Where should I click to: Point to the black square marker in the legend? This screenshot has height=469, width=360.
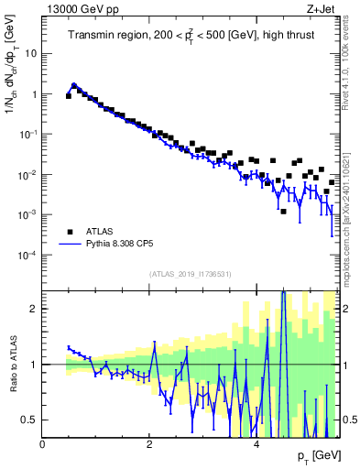[70, 232]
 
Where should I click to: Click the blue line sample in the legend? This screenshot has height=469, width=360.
[70, 245]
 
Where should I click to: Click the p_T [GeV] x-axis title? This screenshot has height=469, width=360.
[318, 455]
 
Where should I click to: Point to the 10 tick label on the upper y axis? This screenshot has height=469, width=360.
[30, 53]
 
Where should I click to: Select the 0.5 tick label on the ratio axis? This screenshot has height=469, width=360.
[28, 420]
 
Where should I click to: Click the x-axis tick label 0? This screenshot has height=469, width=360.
[42, 444]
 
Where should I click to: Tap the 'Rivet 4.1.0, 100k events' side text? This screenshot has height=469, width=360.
[349, 64]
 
